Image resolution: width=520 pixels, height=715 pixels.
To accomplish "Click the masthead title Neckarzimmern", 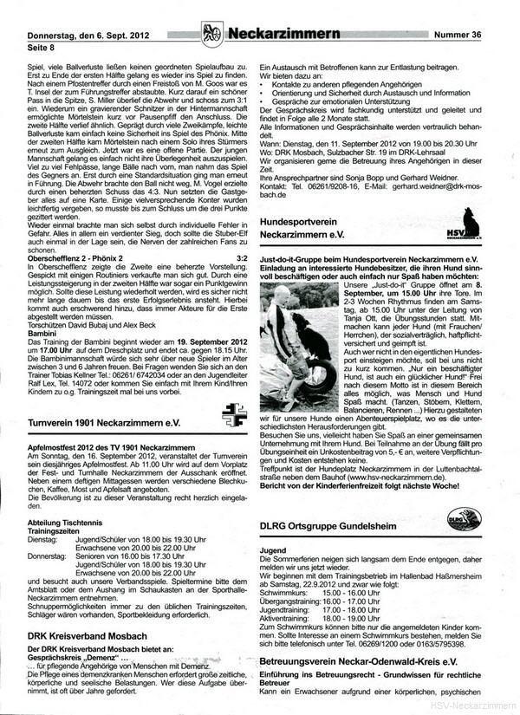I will click(x=278, y=34).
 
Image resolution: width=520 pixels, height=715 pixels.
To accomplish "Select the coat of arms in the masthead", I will click(x=211, y=34).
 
